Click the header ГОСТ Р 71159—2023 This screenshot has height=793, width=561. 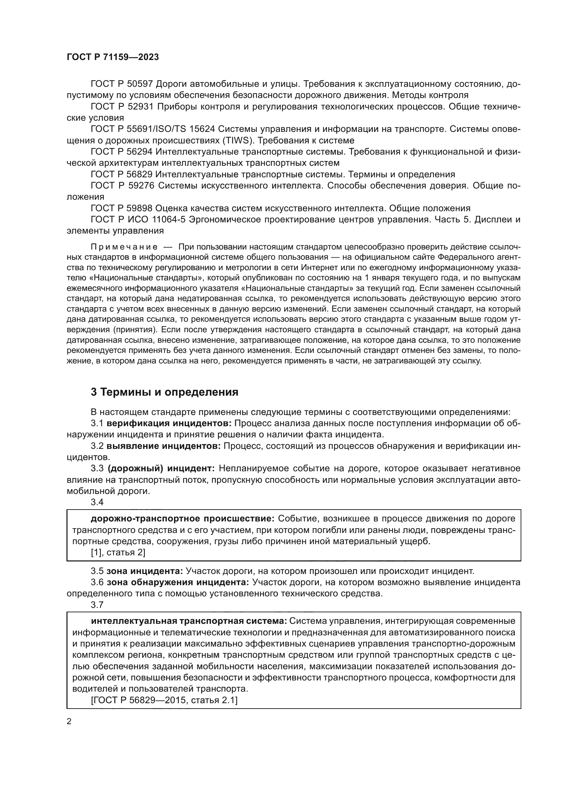113,57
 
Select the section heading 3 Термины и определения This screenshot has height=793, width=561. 165,392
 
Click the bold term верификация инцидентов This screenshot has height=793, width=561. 169,423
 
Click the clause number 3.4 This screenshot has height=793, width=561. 97,502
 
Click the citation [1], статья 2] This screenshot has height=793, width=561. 118,553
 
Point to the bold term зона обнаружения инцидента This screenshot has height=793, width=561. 177,582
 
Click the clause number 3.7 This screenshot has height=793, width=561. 97,604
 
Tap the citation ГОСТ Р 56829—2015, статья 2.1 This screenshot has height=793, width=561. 164,700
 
